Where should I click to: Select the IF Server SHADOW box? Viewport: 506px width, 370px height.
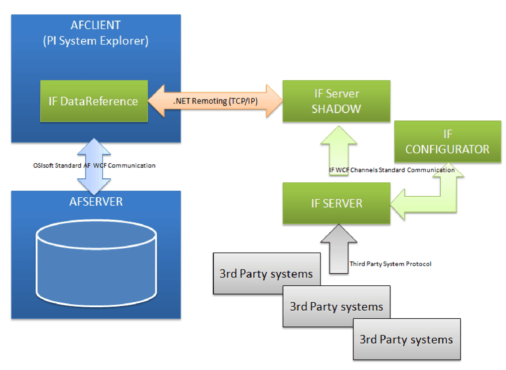[336, 101]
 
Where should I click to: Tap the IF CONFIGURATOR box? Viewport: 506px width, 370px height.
[447, 141]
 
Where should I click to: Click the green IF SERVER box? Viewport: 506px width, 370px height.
[336, 203]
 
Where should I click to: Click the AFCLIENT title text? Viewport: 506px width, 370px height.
[96, 24]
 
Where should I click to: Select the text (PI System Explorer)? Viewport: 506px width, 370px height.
[96, 41]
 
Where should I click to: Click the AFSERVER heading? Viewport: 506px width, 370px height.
[96, 202]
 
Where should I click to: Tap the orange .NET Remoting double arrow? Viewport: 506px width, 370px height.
[215, 101]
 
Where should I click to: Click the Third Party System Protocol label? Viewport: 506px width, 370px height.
[390, 264]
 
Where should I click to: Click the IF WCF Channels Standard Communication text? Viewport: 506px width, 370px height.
[391, 170]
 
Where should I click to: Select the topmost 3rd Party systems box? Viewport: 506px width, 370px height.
[266, 273]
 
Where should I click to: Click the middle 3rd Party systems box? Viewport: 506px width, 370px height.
[336, 306]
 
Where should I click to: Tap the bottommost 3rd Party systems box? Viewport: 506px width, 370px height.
[406, 340]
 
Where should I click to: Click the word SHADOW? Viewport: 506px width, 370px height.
[336, 109]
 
